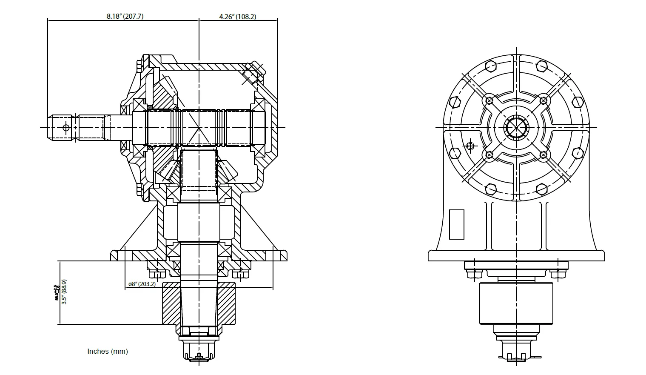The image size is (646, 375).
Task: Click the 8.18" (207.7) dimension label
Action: coord(125,17)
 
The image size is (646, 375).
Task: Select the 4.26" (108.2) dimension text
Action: coord(237,17)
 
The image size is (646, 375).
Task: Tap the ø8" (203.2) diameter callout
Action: coord(142,284)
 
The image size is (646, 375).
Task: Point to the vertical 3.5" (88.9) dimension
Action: coord(64,292)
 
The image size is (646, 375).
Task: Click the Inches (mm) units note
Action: coord(108,351)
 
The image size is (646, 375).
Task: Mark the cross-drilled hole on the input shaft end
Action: coord(65,127)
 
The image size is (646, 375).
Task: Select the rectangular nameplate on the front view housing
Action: coord(457,224)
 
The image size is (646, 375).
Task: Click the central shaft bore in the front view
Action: coord(516,127)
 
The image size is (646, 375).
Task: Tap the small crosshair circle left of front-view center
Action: coord(470,146)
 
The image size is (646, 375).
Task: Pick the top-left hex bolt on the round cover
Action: coord(490,66)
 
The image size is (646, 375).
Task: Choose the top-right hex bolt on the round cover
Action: coord(541,66)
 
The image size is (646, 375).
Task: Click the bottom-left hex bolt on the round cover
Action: coord(490,188)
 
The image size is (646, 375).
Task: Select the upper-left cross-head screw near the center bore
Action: coord(489,100)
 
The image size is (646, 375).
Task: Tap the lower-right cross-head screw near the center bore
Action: coord(544,155)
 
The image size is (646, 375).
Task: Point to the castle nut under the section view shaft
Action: coord(199,351)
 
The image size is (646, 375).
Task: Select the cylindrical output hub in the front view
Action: coord(516,303)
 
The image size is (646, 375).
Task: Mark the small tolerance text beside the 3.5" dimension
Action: coord(56,293)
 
